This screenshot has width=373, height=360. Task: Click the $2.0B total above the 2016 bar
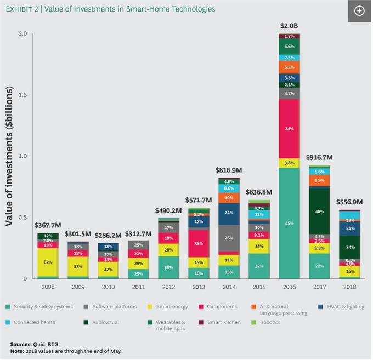point(289,26)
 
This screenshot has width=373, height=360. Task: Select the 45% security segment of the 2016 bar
point(289,223)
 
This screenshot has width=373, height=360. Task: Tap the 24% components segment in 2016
point(289,129)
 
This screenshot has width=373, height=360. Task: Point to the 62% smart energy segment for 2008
point(48,262)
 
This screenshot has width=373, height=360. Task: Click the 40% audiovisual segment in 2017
point(319,211)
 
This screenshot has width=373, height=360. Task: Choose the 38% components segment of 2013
point(199,244)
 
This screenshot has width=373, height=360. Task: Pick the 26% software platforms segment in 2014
point(229,238)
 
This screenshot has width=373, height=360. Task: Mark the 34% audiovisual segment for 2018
point(349,247)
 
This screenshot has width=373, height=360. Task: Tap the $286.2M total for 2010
point(109,235)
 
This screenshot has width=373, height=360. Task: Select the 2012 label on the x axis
point(168,286)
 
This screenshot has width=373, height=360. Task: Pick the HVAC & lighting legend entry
point(341,307)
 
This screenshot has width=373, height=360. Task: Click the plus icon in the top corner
point(359,11)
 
